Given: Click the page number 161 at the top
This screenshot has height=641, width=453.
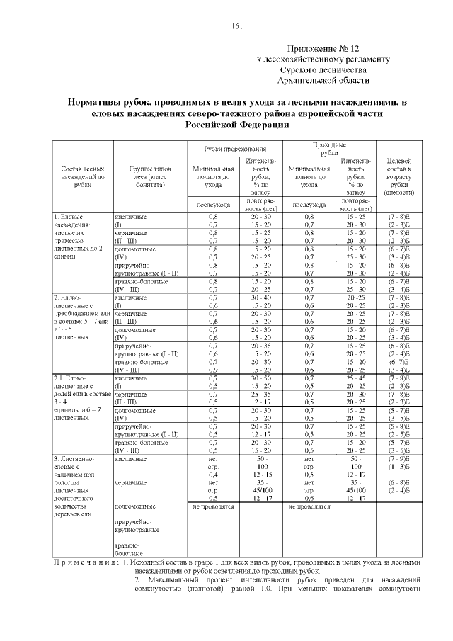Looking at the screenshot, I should [x=236, y=27].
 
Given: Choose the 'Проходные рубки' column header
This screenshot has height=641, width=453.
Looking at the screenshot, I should [x=329, y=148].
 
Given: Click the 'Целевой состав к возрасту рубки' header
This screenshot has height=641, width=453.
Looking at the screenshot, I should [x=401, y=176].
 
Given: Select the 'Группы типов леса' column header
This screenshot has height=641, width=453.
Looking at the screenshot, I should [x=149, y=176].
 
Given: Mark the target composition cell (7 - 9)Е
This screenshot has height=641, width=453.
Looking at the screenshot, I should [x=401, y=459].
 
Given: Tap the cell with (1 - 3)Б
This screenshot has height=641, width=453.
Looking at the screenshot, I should [x=401, y=467].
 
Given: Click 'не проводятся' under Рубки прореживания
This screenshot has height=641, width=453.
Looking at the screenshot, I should [x=213, y=507].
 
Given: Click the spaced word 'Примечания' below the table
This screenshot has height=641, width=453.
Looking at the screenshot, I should [x=85, y=562].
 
